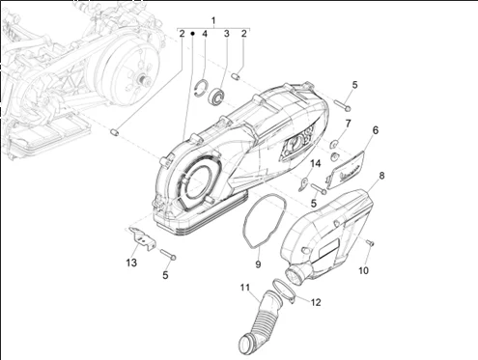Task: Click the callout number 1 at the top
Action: pyautogui.click(x=213, y=21)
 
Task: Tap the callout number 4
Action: pyautogui.click(x=205, y=34)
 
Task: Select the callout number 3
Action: pyautogui.click(x=227, y=34)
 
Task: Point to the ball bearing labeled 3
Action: pyautogui.click(x=216, y=95)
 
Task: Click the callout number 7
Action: pyautogui.click(x=348, y=124)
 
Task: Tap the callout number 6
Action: pyautogui.click(x=376, y=130)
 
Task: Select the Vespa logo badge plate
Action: pyautogui.click(x=346, y=170)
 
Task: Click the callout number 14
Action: pyautogui.click(x=316, y=163)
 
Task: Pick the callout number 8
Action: pyautogui.click(x=381, y=176)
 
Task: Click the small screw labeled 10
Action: pyautogui.click(x=370, y=243)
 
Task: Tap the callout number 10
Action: pyautogui.click(x=363, y=270)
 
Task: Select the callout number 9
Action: pyautogui.click(x=258, y=264)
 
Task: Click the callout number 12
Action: pyautogui.click(x=316, y=302)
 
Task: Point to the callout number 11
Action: pyautogui.click(x=245, y=287)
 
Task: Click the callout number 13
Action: pyautogui.click(x=131, y=263)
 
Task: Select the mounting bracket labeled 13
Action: pyautogui.click(x=141, y=238)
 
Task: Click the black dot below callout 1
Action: pyautogui.click(x=192, y=34)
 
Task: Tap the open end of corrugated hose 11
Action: pyautogui.click(x=248, y=341)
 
